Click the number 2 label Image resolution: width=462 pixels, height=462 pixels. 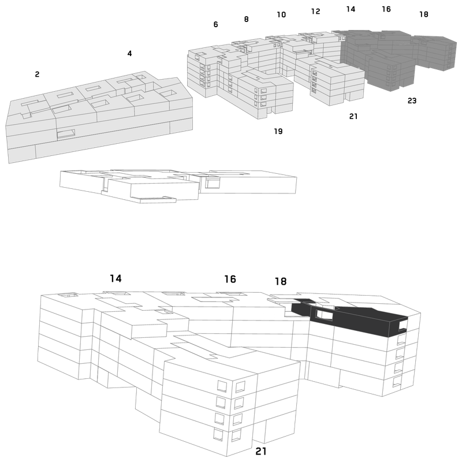pyautogui.click(x=37, y=74)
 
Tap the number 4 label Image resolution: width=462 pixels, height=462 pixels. pyautogui.click(x=129, y=53)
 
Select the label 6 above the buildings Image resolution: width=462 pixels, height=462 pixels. pyautogui.click(x=215, y=24)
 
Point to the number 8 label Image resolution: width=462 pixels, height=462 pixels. pyautogui.click(x=247, y=19)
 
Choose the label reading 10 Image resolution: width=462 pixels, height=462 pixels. pyautogui.click(x=281, y=14)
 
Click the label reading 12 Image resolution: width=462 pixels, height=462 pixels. pyautogui.click(x=315, y=11)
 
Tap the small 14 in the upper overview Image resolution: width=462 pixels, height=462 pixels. pyautogui.click(x=351, y=9)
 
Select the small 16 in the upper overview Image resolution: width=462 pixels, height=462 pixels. pyautogui.click(x=386, y=9)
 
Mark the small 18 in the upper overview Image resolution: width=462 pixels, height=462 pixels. pyautogui.click(x=424, y=14)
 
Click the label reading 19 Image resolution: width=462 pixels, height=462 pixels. pyautogui.click(x=278, y=131)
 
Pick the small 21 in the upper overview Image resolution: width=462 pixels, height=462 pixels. pyautogui.click(x=353, y=117)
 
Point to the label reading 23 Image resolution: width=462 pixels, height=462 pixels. pyautogui.click(x=412, y=100)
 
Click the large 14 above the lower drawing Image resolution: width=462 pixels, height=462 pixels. pyautogui.click(x=116, y=278)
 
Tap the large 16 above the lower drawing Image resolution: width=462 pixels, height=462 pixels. pyautogui.click(x=230, y=279)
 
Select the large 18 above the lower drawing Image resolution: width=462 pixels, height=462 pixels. pyautogui.click(x=281, y=281)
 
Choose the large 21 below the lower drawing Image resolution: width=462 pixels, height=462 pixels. pyautogui.click(x=261, y=451)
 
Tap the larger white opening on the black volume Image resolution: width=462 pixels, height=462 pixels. pyautogui.click(x=324, y=315)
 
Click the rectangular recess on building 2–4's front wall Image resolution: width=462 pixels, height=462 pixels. pyautogui.click(x=66, y=134)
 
